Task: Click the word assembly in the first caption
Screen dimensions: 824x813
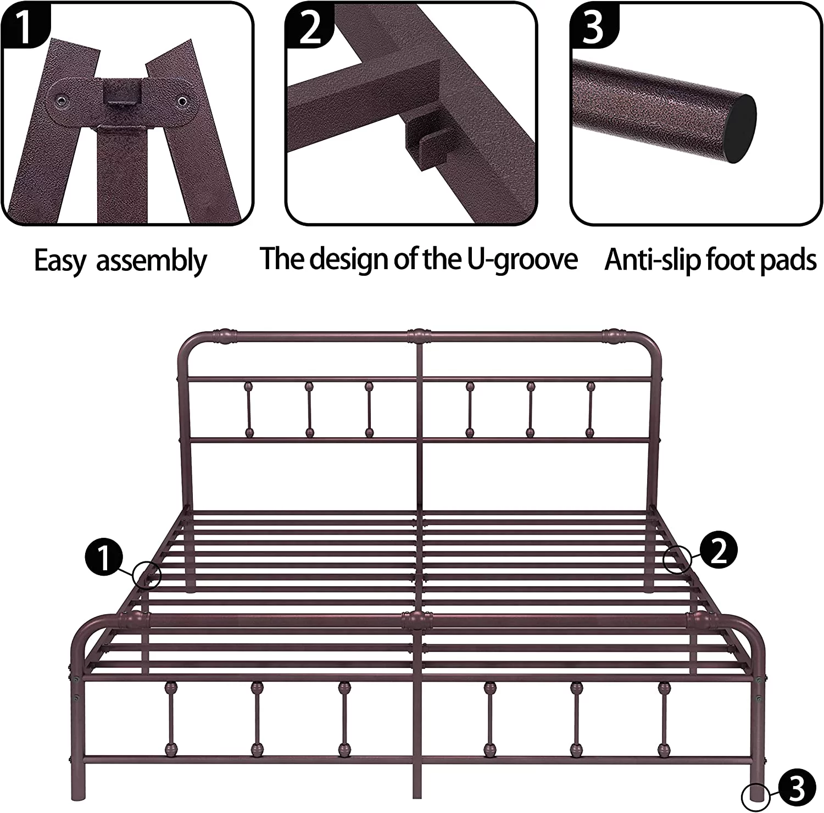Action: point(151,261)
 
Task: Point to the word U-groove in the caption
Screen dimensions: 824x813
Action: point(522,259)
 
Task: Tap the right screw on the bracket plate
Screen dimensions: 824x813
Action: point(181,101)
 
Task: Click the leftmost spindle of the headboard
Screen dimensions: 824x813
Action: point(249,409)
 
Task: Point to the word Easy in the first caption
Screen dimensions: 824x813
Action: point(60,261)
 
